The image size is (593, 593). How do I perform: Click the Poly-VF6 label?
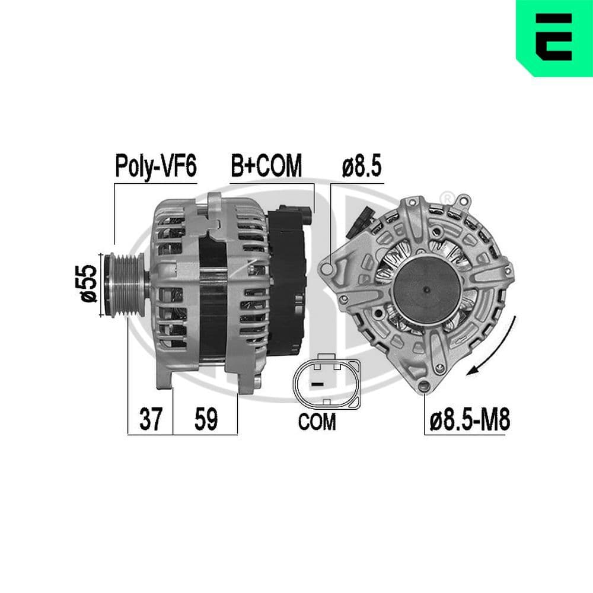(155, 167)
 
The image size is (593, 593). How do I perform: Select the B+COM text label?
(266, 167)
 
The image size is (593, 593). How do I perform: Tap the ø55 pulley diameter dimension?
(88, 283)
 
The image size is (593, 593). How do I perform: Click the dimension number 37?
(151, 420)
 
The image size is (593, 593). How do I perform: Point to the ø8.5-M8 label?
(469, 420)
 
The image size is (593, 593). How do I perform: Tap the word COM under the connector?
(317, 422)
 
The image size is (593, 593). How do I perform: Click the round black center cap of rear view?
(426, 291)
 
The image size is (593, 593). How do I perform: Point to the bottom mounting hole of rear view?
(423, 387)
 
